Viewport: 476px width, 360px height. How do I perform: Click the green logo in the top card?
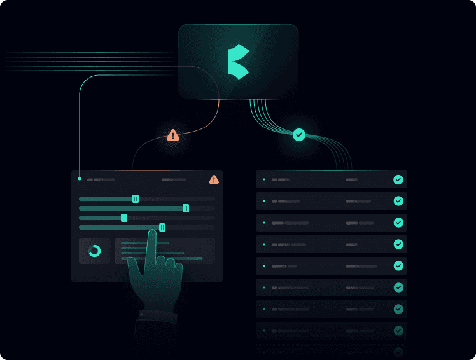239,62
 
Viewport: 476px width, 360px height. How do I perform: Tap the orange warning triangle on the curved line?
173,135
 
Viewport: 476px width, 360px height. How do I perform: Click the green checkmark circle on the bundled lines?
299,135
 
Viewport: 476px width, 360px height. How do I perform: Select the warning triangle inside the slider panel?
214,179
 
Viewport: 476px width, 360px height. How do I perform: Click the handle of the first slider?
136,198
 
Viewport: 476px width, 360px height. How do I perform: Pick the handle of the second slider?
185,208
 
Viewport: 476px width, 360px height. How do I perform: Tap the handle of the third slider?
124,218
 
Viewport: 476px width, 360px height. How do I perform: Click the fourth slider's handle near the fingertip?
162,227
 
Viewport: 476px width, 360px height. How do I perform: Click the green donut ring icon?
95,251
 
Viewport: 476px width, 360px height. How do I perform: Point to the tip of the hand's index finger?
152,233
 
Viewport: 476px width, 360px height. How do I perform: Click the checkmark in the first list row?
398,180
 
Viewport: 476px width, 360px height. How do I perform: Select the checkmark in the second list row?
398,201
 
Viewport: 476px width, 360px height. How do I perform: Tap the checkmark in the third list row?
398,223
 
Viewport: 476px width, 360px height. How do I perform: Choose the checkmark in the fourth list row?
398,244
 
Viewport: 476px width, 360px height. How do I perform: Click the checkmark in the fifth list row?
398,266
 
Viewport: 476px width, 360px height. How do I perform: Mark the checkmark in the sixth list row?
398,287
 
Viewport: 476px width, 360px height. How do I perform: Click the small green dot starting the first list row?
264,180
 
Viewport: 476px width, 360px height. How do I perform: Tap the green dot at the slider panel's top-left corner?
79,179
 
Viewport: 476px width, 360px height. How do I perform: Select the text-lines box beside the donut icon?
164,251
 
